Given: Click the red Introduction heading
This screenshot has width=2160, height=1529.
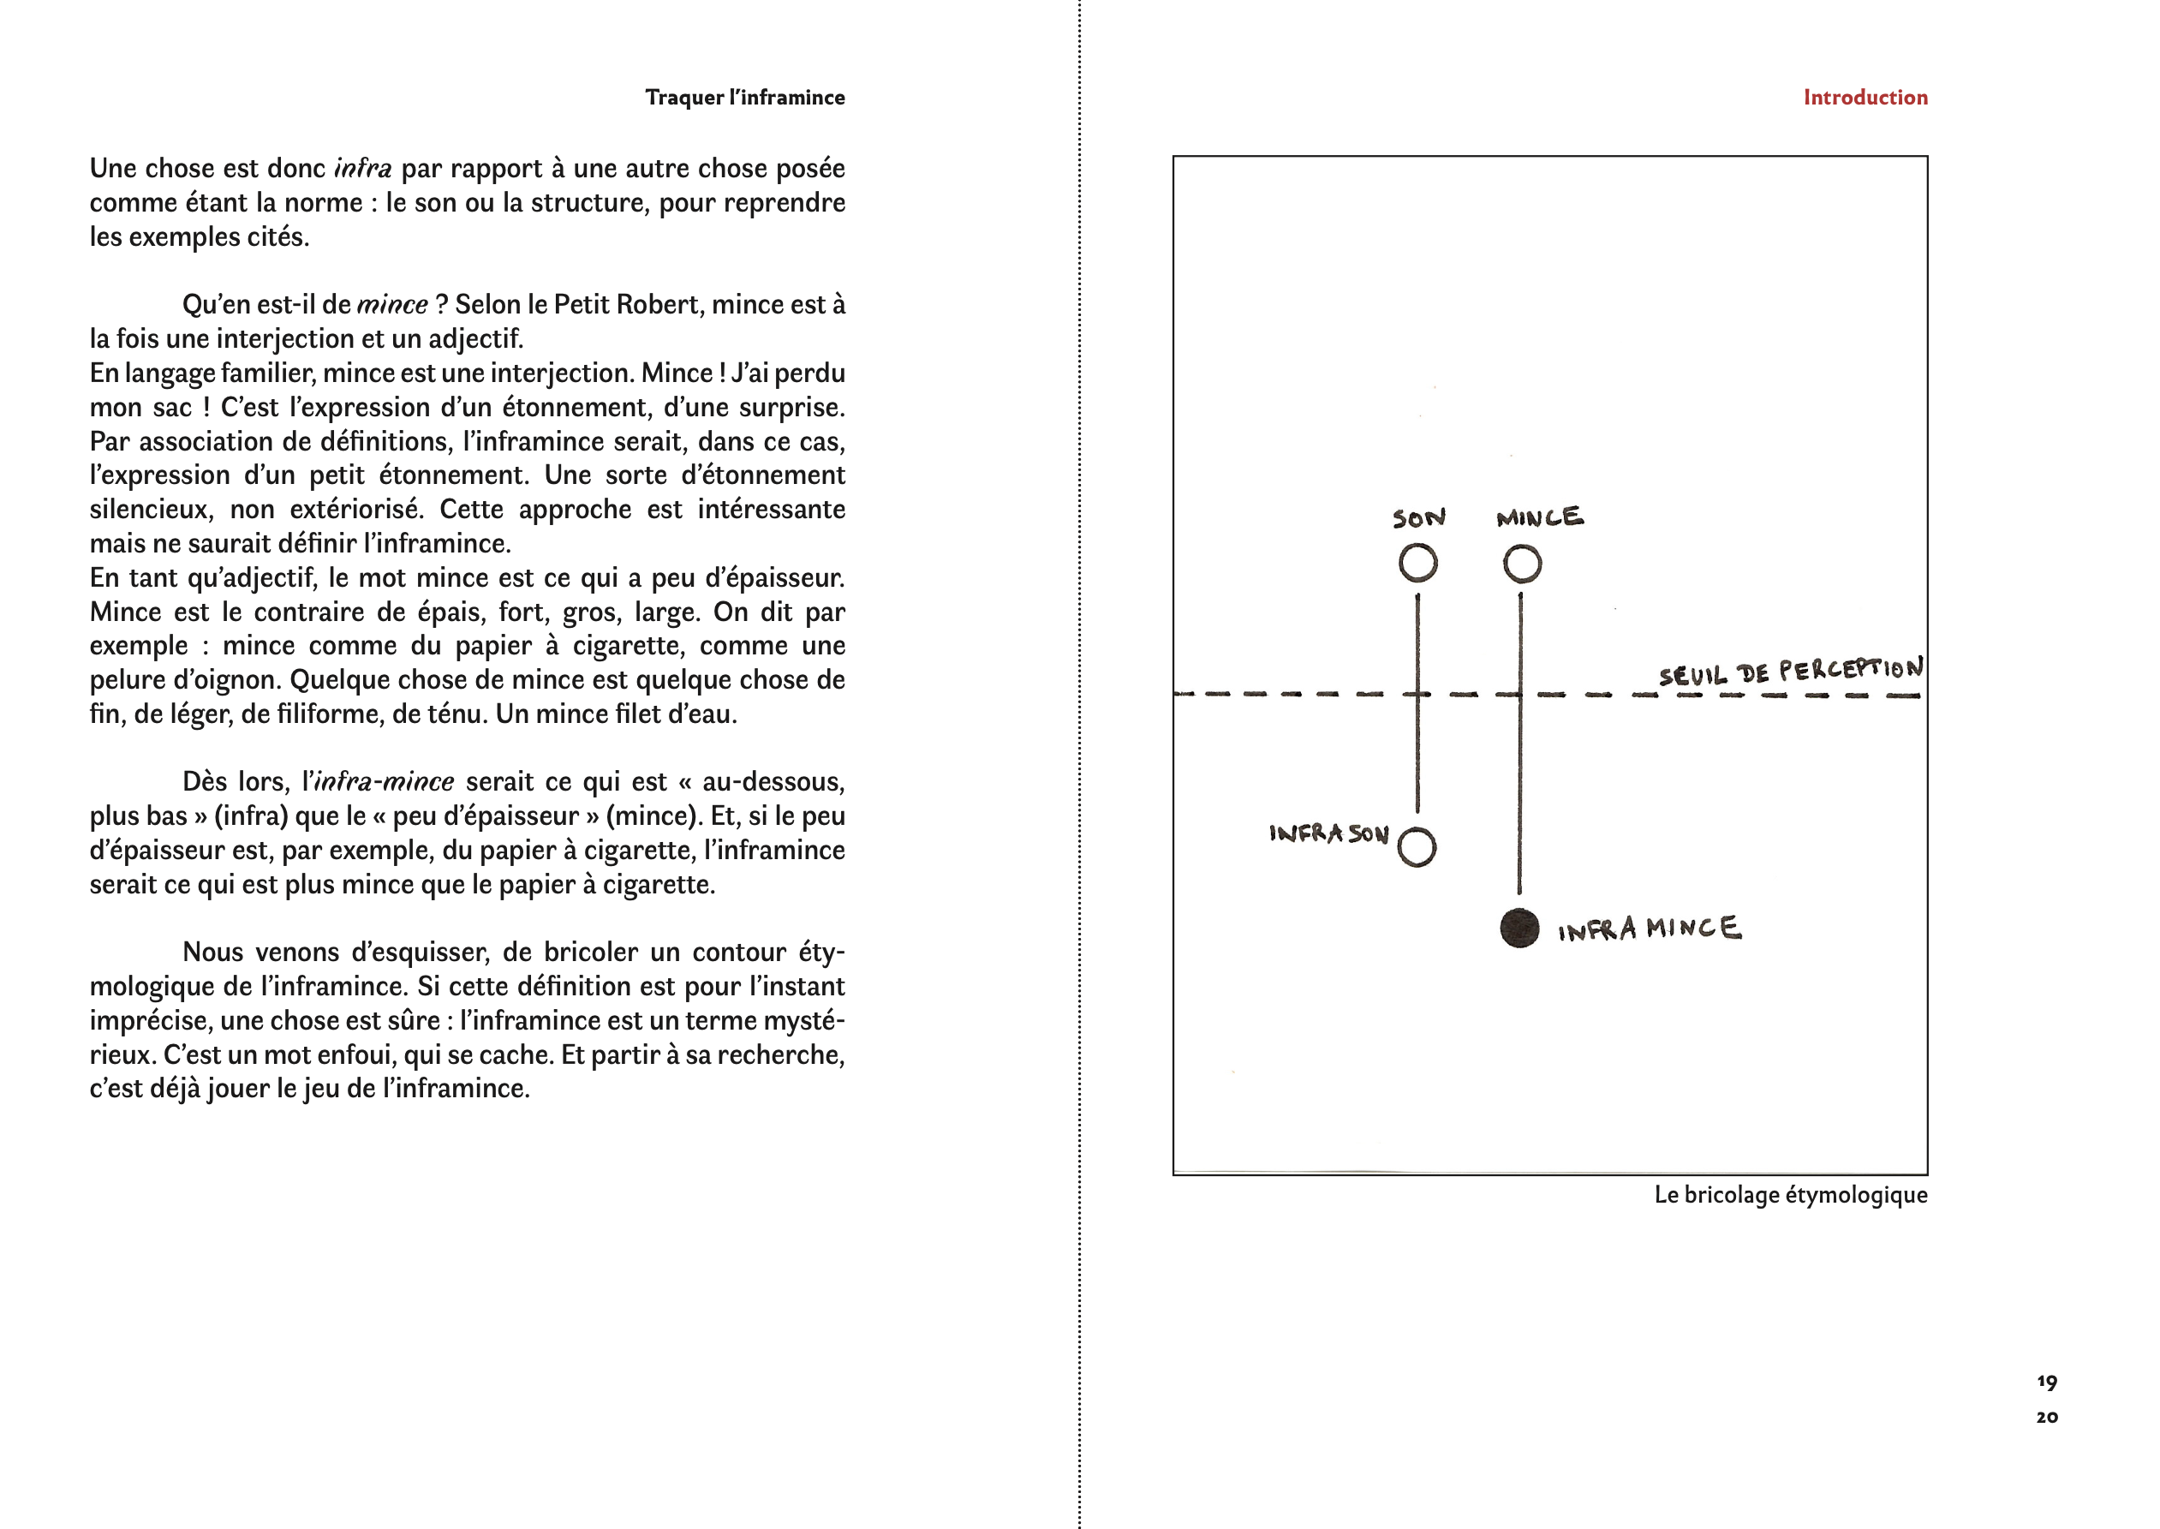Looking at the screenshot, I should pos(1865,97).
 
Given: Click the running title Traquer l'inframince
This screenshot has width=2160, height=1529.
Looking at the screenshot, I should pos(744,97).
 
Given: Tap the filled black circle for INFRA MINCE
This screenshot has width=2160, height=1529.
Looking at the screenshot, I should pos(1519,929).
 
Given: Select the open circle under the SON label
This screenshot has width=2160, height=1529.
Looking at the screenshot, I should pos(1417,564).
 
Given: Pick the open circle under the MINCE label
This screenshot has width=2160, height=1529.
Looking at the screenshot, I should pos(1522,564).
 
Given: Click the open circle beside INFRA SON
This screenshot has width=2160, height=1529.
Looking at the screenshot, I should pos(1417,847).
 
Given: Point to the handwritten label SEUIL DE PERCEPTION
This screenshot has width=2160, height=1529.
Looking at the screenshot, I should pos(1790,672).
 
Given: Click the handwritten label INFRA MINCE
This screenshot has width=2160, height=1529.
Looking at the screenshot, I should pos(1649,929).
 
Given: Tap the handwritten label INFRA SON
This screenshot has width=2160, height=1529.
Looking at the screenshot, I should pos(1328,833).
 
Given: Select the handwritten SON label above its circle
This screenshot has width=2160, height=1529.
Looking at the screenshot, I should pos(1418,518).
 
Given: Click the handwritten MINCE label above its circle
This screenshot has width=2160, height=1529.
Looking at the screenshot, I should pos(1540,517).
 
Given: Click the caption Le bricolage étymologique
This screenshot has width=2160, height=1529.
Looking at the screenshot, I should pos(1790,1195).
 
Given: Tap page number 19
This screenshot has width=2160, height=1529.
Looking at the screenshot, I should pos(2046,1383).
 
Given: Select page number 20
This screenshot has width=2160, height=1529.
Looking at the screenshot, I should pos(2046,1417).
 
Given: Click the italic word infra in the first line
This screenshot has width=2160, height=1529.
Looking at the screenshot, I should pos(362,169).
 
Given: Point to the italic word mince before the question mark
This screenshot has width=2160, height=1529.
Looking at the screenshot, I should pos(392,305).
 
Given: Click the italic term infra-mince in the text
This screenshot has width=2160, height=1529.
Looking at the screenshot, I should pos(384,781).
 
